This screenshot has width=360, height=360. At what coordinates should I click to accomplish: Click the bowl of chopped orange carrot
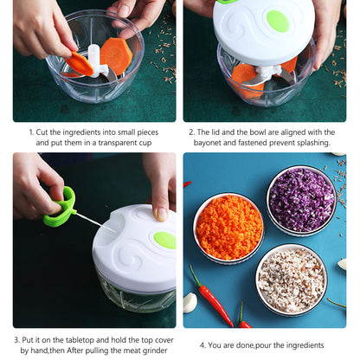point(228,228)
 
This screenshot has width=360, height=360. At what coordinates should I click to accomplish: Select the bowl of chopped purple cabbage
point(301,201)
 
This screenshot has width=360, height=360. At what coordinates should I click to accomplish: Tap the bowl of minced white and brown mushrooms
point(291,280)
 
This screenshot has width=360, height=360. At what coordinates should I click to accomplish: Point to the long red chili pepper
point(212,297)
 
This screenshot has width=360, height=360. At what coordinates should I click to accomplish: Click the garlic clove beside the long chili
point(190,303)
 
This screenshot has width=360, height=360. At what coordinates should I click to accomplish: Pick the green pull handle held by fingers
point(61,207)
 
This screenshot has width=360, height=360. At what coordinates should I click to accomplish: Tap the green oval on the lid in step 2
point(278,21)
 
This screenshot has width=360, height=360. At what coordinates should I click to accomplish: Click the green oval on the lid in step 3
point(165,240)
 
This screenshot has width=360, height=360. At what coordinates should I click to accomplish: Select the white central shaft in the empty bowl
point(95,60)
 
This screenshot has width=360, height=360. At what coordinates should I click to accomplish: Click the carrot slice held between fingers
point(79,64)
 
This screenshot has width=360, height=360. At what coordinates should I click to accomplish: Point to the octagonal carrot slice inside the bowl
point(116,55)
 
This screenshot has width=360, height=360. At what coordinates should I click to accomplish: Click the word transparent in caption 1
point(125,143)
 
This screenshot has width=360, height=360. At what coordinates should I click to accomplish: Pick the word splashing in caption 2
point(313,143)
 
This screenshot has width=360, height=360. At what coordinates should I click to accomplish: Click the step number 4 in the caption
point(202,345)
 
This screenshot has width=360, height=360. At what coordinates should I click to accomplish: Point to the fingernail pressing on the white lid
point(161,214)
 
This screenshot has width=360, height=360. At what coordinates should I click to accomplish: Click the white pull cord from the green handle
point(95,222)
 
